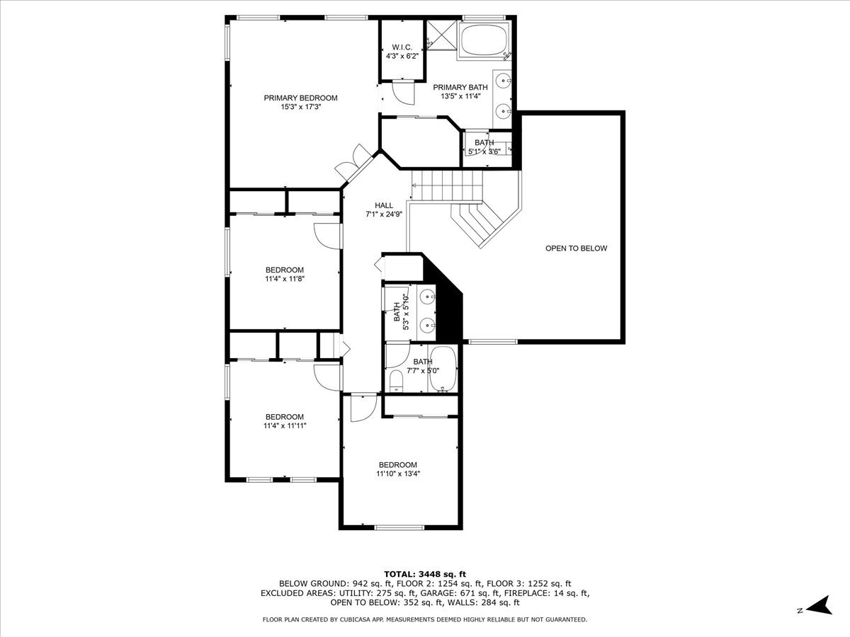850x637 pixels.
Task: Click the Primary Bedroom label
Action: [300, 98]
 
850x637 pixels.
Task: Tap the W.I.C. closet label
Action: [402, 47]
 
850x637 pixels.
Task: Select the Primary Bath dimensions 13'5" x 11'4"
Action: [460, 96]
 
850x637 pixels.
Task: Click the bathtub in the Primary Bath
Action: [484, 40]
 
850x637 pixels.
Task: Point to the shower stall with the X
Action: [442, 35]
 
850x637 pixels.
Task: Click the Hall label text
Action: [384, 205]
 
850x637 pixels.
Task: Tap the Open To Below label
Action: [576, 248]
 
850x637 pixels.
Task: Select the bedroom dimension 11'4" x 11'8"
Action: [285, 279]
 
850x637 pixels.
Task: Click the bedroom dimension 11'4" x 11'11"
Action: [285, 426]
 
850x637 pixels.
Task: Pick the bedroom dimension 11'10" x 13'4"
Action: [398, 474]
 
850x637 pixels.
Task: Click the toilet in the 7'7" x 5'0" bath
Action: [396, 381]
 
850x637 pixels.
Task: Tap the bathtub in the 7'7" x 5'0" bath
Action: [443, 369]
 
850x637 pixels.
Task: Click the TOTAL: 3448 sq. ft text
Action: [425, 574]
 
